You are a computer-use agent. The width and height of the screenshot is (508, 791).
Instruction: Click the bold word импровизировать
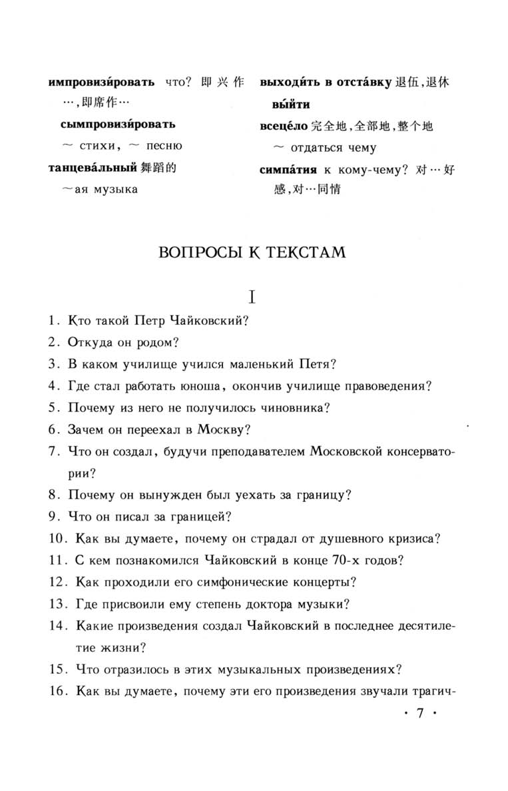pos(102,83)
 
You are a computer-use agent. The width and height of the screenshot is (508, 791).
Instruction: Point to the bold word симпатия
pos(288,170)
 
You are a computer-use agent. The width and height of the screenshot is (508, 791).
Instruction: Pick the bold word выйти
pos(291,105)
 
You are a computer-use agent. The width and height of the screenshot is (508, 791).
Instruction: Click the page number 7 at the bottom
pos(419,712)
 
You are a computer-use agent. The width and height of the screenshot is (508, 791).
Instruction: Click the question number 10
pos(57,538)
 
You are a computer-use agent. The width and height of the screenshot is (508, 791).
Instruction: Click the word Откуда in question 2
pos(87,342)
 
